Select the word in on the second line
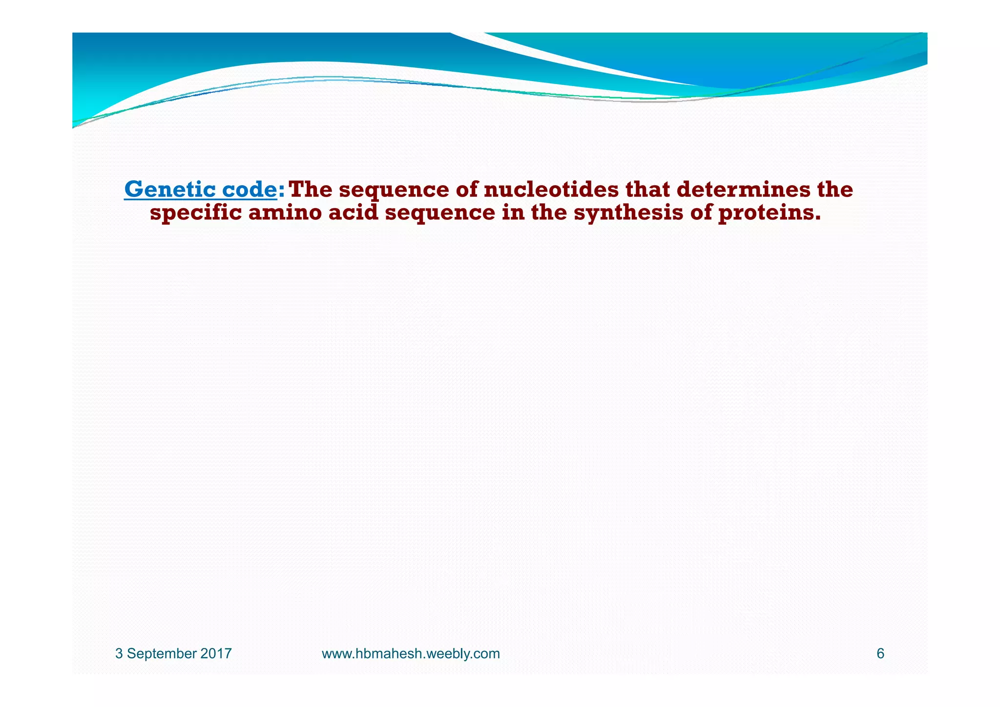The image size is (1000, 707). click(513, 213)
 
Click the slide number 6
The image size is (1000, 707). click(880, 654)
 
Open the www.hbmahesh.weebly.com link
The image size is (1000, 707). click(411, 654)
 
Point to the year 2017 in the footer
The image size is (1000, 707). click(216, 654)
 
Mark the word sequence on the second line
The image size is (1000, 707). click(440, 214)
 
